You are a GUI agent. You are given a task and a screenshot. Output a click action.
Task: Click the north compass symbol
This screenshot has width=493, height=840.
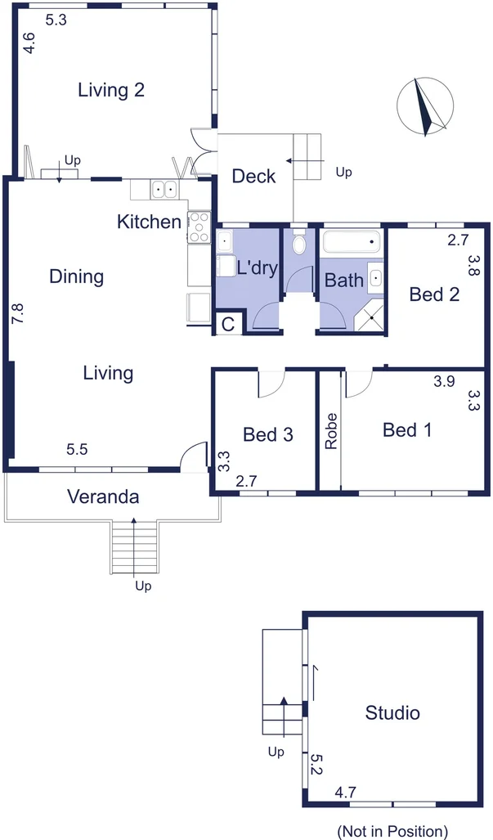[425, 106]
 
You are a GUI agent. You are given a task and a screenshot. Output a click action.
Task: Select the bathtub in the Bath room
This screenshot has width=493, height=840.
[352, 241]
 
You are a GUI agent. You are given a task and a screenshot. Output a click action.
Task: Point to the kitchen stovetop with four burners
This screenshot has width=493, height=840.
[199, 227]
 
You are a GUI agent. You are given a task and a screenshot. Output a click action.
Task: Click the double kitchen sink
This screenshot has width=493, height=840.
[164, 189]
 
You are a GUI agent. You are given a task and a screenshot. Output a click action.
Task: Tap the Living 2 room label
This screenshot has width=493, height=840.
[111, 89]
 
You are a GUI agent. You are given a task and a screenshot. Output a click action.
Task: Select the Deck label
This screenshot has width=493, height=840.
[253, 176]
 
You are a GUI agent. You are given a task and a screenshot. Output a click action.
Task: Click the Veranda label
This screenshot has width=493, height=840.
[103, 496]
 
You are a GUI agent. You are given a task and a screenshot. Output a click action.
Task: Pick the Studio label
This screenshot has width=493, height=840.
[392, 712]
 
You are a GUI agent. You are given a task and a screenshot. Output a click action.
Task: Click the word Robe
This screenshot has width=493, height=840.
[331, 431]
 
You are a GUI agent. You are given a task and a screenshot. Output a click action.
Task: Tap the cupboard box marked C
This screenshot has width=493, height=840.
[229, 324]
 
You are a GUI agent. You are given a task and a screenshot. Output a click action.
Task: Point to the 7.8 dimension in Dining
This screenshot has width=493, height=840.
[18, 313]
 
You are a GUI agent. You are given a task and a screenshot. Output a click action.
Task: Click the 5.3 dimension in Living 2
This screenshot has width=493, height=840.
[56, 20]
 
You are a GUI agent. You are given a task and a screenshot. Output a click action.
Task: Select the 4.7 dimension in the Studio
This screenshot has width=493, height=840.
[345, 793]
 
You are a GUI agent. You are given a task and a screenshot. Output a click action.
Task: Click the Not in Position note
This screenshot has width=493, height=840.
[392, 832]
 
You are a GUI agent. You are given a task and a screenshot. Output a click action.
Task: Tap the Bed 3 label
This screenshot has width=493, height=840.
[267, 434]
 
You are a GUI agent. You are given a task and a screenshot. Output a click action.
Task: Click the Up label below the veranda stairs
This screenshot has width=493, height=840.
[143, 586]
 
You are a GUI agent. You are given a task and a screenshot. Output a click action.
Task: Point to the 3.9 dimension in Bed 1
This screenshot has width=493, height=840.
[444, 381]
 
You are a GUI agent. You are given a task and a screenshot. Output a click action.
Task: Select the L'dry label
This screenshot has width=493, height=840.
[257, 267]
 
